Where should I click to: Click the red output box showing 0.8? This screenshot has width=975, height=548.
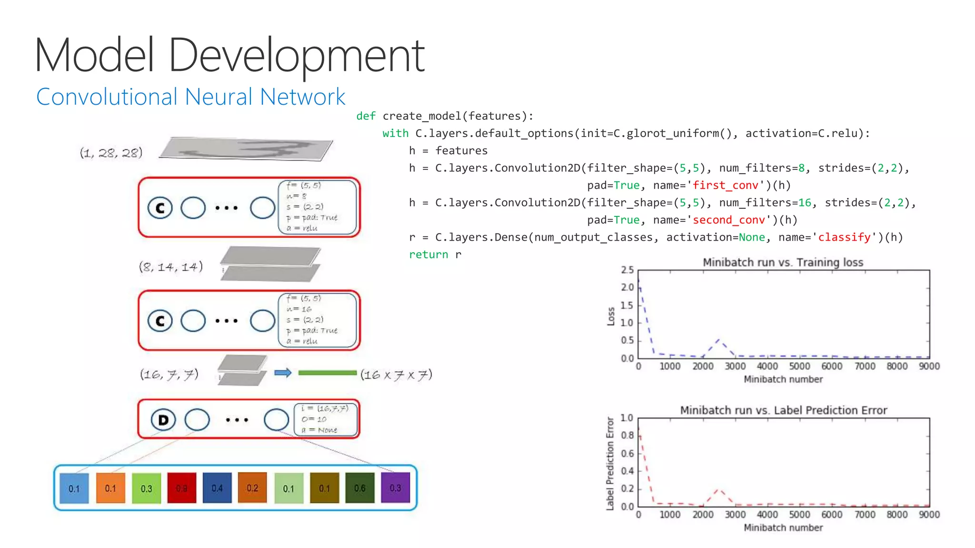coord(181,488)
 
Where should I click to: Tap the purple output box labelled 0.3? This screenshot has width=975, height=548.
coord(395,488)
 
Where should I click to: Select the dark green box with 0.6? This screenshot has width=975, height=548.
coord(359,488)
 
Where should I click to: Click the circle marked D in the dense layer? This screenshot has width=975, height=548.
coord(163,420)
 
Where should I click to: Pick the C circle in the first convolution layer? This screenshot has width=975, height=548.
coord(159,208)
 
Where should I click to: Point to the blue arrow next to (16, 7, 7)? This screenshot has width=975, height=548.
coord(283,373)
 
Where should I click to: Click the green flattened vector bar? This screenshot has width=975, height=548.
coord(327,373)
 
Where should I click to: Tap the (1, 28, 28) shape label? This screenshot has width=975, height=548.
coord(111,153)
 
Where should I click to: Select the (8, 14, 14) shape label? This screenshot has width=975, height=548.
coord(170,266)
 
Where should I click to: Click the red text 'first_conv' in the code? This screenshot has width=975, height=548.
coord(725,186)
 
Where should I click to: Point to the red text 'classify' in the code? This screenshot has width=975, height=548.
coord(844,237)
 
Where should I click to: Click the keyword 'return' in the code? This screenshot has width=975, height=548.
coord(428,254)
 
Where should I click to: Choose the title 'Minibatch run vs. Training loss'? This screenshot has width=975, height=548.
coord(783,262)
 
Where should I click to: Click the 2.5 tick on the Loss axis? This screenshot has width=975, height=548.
coord(627,270)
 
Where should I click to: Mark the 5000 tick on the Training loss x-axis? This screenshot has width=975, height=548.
coord(799,366)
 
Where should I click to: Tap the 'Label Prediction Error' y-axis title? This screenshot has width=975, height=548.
coord(610,463)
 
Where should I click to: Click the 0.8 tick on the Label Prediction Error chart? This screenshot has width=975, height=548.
coord(627,436)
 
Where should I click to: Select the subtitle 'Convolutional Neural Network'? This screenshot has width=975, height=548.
coord(190,97)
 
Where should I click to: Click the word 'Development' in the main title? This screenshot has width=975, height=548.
coord(296,56)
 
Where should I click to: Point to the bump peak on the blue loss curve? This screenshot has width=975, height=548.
coord(719,340)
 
